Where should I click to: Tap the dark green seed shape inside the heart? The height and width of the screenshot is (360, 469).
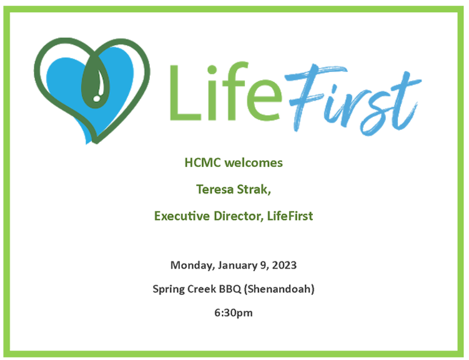pos(95,83)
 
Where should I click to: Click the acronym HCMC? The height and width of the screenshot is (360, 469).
pos(203,163)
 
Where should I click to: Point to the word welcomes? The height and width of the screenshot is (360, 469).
pos(254,163)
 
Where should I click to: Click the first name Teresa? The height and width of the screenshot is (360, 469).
pos(214,189)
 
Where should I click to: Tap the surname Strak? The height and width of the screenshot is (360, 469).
pos(254,190)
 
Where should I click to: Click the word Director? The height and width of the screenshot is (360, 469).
pos(238,216)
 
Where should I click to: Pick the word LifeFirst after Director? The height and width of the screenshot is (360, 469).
pos(290,216)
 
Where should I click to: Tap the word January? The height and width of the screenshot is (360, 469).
pos(237,266)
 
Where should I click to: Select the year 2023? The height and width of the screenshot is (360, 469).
pos(284,265)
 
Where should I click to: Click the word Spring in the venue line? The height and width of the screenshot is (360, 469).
pos(169,289)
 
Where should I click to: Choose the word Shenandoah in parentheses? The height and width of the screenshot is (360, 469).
pos(280,289)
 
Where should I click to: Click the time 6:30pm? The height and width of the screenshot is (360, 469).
pos(233,313)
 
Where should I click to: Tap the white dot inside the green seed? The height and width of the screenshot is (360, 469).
pos(97,98)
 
